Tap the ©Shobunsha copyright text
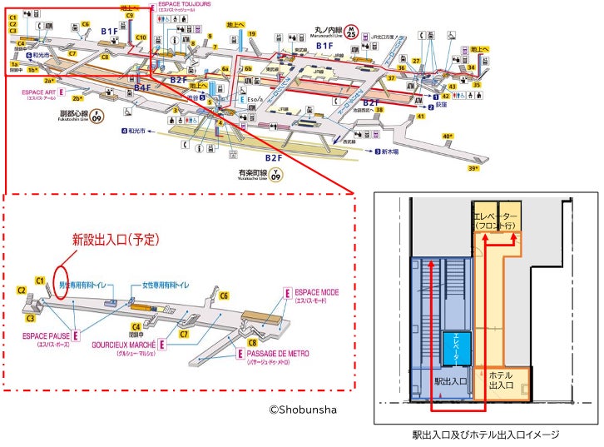click(x=303, y=409)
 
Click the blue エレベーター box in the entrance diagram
click(x=458, y=345)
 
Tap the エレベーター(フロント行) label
click(x=497, y=221)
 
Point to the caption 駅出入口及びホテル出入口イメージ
click(x=486, y=435)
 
